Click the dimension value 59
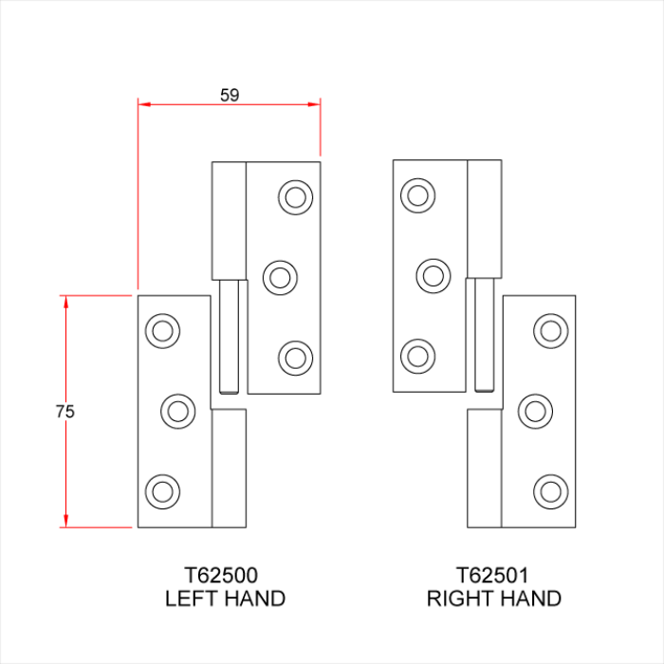click(229, 95)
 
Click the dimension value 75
click(65, 412)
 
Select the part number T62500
click(225, 575)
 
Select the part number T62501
click(493, 575)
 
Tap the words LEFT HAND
click(225, 599)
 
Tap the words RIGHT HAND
click(493, 599)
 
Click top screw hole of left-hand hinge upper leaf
click(294, 196)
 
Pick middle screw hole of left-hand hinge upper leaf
click(279, 277)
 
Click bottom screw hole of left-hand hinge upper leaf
click(294, 358)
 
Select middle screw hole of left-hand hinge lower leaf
click(176, 411)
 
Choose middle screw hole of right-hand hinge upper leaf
click(433, 276)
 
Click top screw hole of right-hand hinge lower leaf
click(550, 330)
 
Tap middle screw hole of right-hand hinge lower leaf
click(535, 411)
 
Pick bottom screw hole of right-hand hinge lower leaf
click(550, 491)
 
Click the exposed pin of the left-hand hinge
click(229, 337)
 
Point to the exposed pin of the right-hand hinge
click(483, 336)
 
